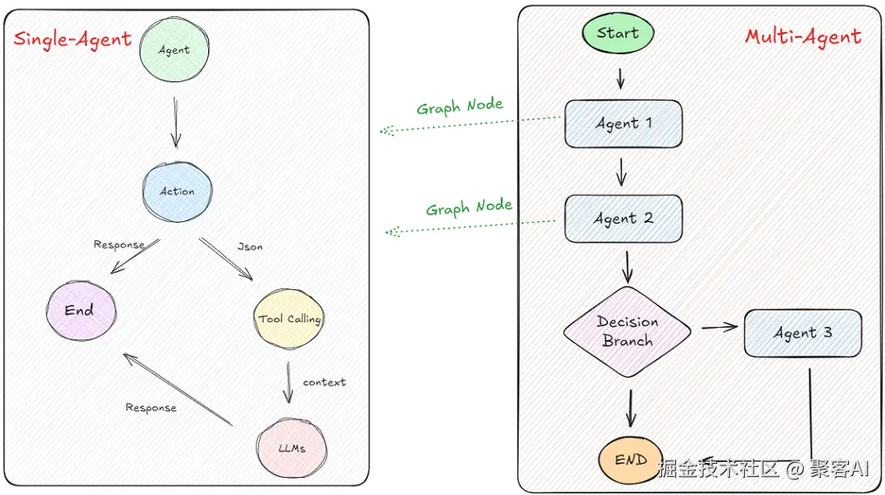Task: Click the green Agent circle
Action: coord(175,49)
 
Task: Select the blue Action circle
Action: coord(177,191)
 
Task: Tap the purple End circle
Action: coord(80,310)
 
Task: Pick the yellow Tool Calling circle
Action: coord(289,319)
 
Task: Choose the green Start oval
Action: coord(618,34)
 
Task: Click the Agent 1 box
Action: coord(623,124)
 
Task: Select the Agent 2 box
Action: coord(623,219)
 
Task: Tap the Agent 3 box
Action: coord(802,333)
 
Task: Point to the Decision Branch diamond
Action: coord(627,332)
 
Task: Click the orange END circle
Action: coord(630,460)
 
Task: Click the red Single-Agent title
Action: coord(73,39)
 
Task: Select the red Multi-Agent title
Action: coord(802,37)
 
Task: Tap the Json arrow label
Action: coord(250,246)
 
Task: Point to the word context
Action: coord(324,382)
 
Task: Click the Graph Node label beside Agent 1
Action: coord(459,107)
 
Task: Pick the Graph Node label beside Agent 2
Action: coord(469,207)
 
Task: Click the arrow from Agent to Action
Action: coord(175,121)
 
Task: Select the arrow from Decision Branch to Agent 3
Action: coord(719,328)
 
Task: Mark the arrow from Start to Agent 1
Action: coord(620,78)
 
